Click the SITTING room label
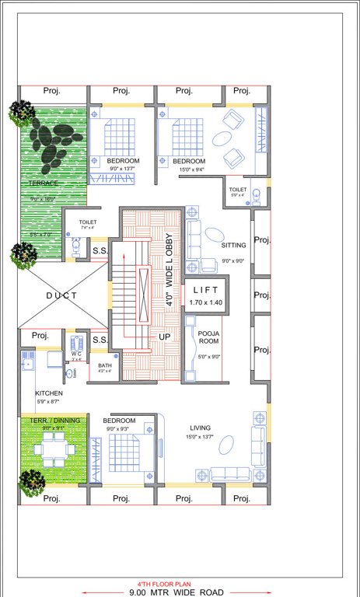[x=233, y=245]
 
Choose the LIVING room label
[x=202, y=427]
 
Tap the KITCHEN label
[x=48, y=393]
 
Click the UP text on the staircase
[x=164, y=337]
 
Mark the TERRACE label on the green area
[x=44, y=183]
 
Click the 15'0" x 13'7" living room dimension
[x=202, y=437]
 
